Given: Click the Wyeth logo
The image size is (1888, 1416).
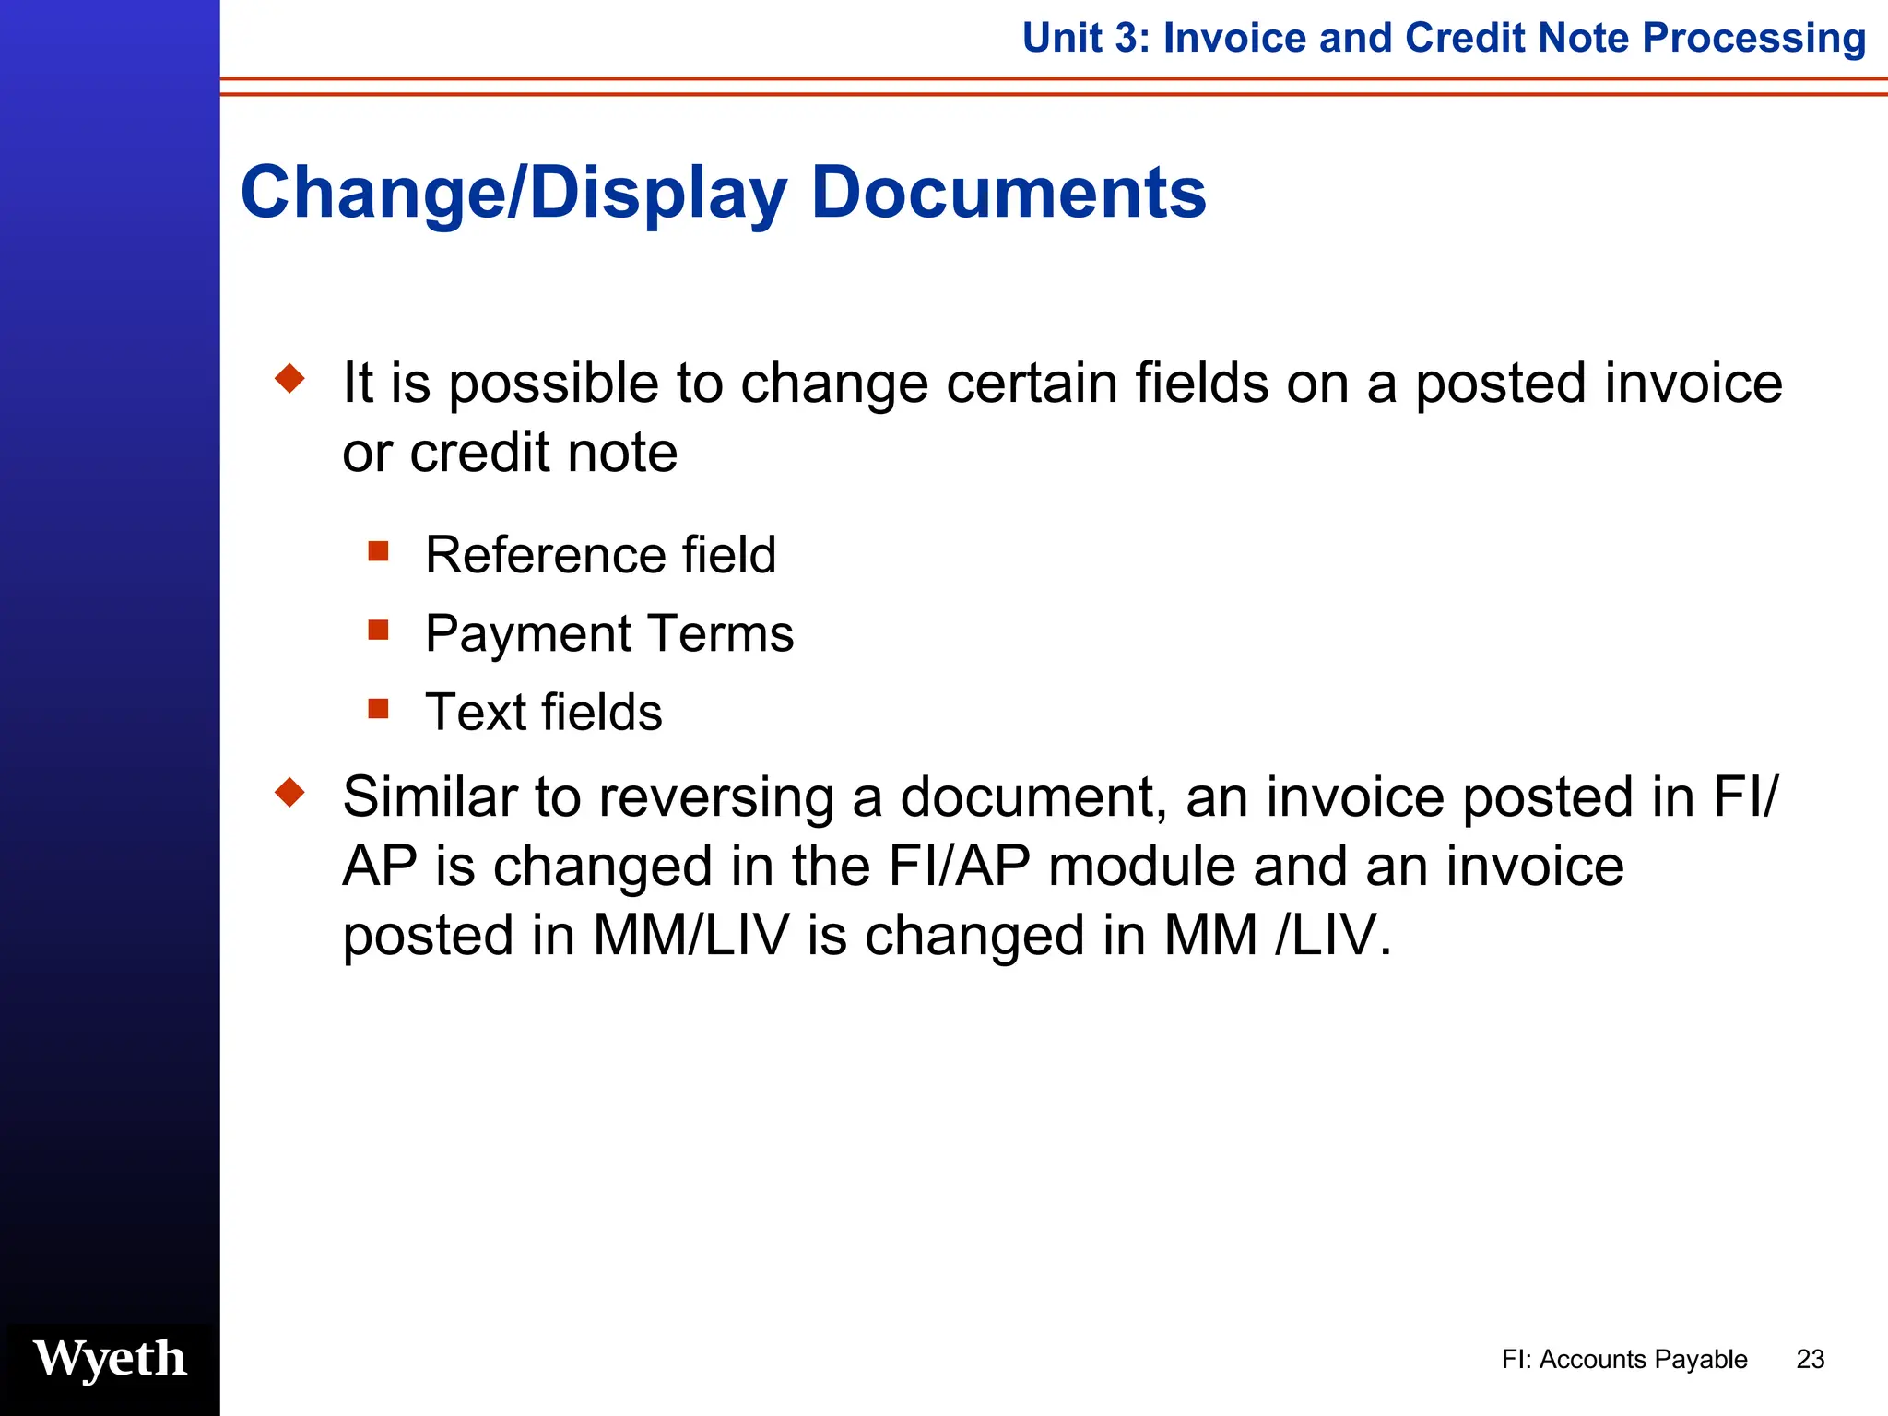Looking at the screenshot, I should pos(110,1359).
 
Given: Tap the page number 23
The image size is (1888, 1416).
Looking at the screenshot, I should pos(1810,1360).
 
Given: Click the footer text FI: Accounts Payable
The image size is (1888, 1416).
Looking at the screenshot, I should pos(1623,1360).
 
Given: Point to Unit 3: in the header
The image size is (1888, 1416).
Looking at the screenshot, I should pos(1085,39).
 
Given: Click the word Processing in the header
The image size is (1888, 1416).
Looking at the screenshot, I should pos(1753,39).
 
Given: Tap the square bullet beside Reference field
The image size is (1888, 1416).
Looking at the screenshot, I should pos(378,551).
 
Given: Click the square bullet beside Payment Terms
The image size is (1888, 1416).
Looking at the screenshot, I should pos(378,630).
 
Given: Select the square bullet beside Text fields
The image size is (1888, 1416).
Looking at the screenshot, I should pos(378,709).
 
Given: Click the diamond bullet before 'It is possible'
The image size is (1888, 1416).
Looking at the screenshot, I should pos(290,378).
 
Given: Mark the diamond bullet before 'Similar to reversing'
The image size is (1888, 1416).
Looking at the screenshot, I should pos(290,792).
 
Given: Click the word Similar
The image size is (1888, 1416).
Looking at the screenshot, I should pos(429,796).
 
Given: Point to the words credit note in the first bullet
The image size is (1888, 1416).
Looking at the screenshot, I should pos(543,453).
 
